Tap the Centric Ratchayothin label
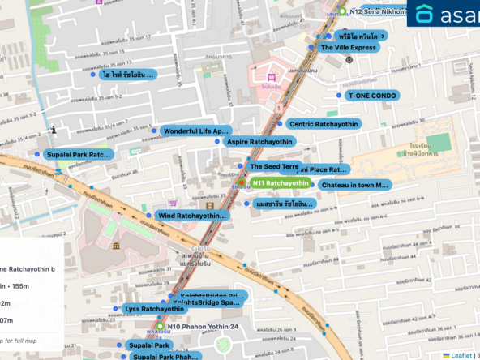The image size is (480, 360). tap(324, 124)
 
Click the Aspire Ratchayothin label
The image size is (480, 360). tap(259, 141)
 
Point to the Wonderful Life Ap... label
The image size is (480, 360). tap(196, 131)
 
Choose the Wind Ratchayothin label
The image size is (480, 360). tap(191, 216)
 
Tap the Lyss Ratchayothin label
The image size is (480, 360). tap(154, 309)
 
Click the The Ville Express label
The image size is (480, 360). tap(349, 48)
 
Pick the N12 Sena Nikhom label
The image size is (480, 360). tap(377, 12)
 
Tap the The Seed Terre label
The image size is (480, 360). tap(274, 166)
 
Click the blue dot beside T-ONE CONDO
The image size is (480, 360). tap(339, 95)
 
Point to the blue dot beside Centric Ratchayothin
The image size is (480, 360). tap(280, 124)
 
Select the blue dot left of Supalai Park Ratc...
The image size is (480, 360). tap(36, 154)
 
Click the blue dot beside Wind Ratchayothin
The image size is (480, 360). tap(148, 216)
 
